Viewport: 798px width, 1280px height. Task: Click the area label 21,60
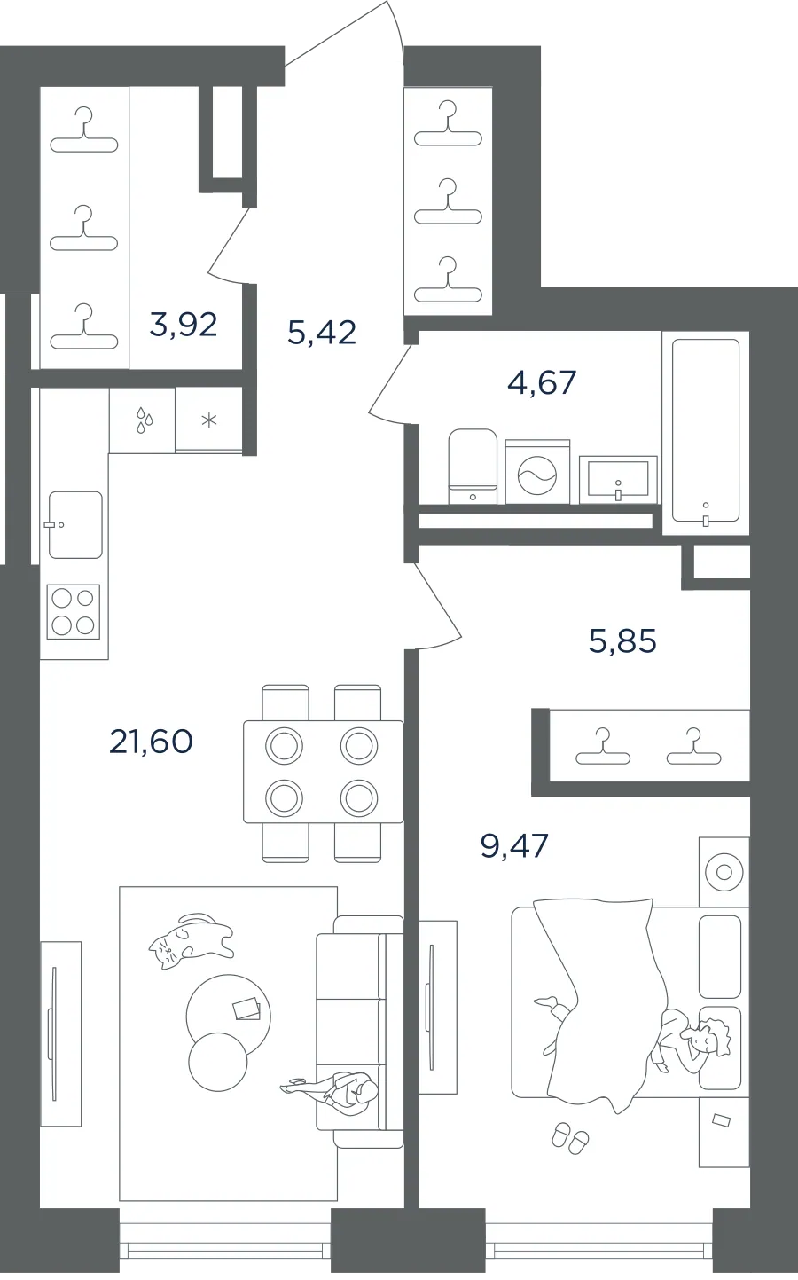tap(151, 742)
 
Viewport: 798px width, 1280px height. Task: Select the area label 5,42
tap(322, 332)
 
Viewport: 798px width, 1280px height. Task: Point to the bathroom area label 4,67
tap(542, 382)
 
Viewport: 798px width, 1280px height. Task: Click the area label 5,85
tap(622, 640)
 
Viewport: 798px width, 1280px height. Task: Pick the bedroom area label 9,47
tap(514, 845)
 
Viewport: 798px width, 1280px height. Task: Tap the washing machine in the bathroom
tap(537, 472)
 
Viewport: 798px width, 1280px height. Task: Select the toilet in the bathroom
tap(473, 467)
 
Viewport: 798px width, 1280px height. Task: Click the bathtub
tap(706, 432)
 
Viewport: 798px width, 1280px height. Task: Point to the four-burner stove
tap(73, 611)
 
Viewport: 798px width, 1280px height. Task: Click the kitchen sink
tap(74, 524)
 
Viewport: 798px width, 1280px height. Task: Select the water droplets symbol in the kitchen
tap(144, 420)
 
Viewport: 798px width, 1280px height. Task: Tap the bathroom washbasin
tap(618, 479)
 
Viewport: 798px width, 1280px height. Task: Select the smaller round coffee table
tap(217, 1062)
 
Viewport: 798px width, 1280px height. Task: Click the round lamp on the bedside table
tap(724, 872)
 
